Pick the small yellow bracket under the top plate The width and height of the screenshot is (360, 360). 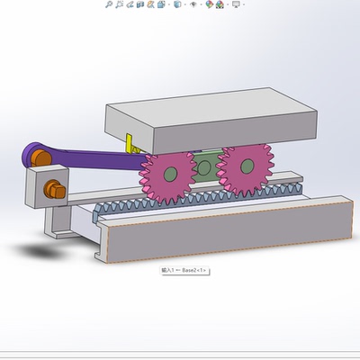[131, 144]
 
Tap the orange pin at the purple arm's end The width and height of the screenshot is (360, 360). [40, 158]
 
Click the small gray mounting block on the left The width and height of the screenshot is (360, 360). [39, 188]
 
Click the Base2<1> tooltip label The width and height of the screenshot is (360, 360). [184, 270]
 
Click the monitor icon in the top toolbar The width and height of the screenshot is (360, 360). [237, 4]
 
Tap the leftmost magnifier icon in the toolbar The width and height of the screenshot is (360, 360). [109, 4]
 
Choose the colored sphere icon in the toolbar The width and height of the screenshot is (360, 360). [210, 4]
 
